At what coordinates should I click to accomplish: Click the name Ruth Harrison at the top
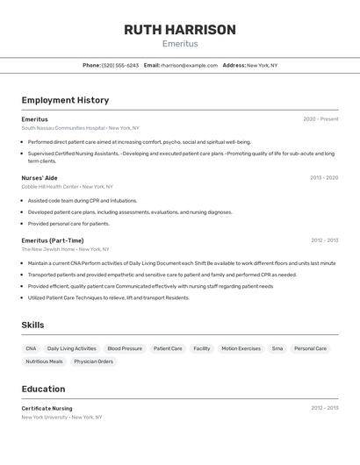[179, 30]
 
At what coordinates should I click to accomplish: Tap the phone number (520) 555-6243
[119, 65]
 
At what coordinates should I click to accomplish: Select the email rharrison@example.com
[189, 65]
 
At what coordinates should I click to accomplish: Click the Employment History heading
[65, 100]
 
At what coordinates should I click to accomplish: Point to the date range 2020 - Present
[320, 119]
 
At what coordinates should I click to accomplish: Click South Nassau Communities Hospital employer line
[63, 128]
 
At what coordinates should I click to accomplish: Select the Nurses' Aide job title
[40, 178]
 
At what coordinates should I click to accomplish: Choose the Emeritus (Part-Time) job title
[53, 240]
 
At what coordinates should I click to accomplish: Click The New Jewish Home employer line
[49, 249]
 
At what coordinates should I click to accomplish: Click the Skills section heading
[32, 325]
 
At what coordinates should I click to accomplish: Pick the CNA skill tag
[31, 348]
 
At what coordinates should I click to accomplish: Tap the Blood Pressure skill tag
[125, 348]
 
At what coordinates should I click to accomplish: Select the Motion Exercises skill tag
[241, 348]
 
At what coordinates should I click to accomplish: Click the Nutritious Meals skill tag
[44, 361]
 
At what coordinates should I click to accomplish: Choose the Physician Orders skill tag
[93, 361]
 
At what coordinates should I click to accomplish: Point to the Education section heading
[43, 389]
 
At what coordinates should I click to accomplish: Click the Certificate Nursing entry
[47, 408]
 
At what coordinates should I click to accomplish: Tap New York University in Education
[44, 418]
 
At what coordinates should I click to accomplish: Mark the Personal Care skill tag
[310, 348]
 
